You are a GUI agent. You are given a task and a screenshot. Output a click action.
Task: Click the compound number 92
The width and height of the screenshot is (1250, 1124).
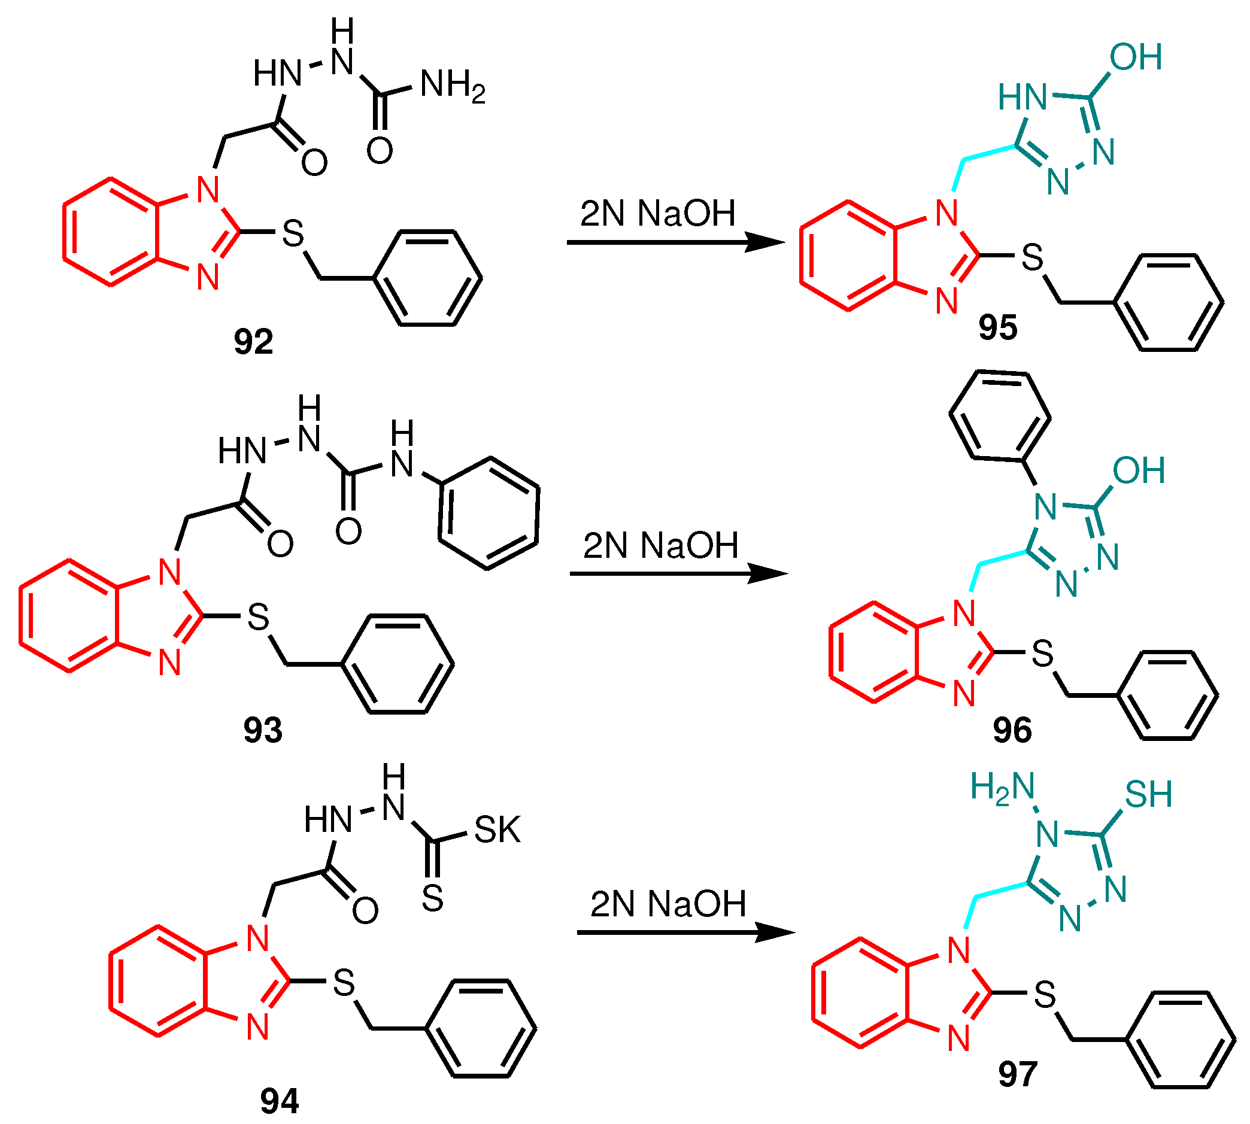[x=253, y=342]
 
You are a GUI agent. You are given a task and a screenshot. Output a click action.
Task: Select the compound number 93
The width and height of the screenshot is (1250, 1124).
[x=262, y=730]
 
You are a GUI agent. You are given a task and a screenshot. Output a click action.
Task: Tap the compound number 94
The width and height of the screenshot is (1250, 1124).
[x=279, y=1101]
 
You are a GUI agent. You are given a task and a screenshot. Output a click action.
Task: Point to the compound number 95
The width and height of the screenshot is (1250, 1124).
[x=997, y=327]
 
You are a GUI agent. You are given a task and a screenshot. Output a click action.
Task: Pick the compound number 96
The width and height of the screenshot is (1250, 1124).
[x=1012, y=730]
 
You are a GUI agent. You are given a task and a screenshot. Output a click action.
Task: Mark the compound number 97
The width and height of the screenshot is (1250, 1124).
[x=1017, y=1074]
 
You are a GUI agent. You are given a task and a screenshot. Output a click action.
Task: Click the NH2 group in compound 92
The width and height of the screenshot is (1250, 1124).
[x=452, y=85]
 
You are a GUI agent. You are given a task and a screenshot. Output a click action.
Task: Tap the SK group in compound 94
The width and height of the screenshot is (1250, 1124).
[x=497, y=830]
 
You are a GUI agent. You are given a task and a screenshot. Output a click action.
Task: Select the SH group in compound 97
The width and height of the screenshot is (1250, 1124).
[x=1148, y=794]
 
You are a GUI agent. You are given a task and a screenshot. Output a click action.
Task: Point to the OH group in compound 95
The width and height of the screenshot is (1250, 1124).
[x=1136, y=57]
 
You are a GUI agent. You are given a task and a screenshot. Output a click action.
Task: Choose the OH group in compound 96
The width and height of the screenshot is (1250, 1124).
[x=1139, y=470]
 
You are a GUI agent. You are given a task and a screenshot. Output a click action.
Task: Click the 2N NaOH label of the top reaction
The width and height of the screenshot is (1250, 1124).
[x=658, y=214]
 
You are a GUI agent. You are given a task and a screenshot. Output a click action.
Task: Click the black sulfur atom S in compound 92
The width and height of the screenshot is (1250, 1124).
[x=293, y=233]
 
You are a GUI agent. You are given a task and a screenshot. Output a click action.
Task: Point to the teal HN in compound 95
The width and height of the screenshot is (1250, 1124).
[x=1023, y=98]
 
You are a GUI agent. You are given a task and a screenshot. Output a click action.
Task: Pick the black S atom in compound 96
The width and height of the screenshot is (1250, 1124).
[x=1042, y=654]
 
